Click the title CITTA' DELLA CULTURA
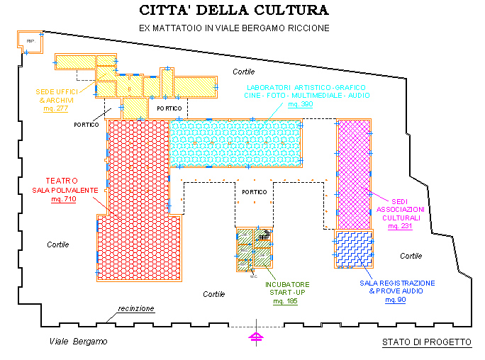234,11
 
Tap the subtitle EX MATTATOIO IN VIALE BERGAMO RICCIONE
234,28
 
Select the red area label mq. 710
63,199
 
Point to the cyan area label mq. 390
300,104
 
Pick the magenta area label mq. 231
400,226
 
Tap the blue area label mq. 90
396,300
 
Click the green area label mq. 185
287,301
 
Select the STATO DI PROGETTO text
426,342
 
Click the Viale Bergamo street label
78,342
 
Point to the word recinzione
136,309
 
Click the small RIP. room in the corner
30,42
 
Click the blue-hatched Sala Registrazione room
353,249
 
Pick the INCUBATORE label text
287,285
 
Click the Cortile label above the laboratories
243,72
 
